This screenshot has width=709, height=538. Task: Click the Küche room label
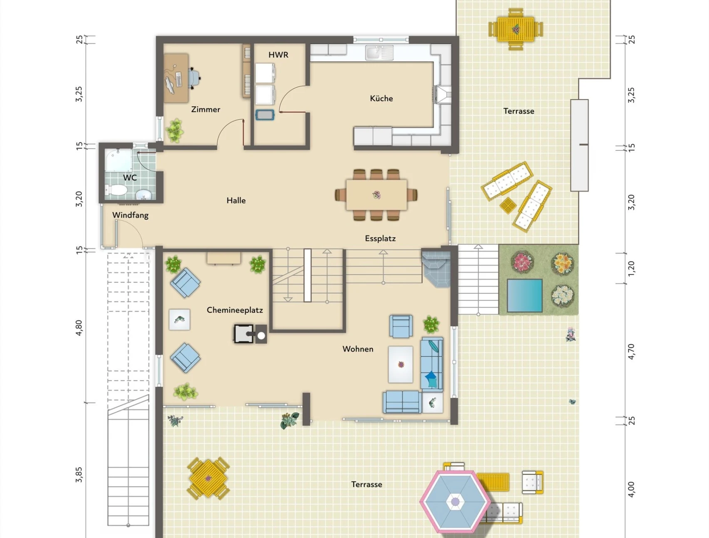[x=381, y=99]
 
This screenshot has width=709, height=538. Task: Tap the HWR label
[x=278, y=55]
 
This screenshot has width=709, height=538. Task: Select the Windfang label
[x=130, y=215]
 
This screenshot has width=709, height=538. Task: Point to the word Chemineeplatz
[x=235, y=310]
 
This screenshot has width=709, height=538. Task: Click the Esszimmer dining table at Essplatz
[x=377, y=195]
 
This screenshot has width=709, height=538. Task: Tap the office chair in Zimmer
[x=194, y=78]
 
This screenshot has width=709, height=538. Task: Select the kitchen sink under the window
[x=379, y=53]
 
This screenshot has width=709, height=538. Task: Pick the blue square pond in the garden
[x=525, y=295]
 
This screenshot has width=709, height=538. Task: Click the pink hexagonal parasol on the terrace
[x=455, y=501]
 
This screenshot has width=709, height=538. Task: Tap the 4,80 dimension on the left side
[x=79, y=328]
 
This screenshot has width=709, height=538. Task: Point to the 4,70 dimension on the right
[x=631, y=352]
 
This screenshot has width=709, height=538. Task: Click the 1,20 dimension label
[x=631, y=269]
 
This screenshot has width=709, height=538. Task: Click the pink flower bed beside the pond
[x=522, y=262]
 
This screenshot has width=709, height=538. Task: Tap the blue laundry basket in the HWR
[x=265, y=114]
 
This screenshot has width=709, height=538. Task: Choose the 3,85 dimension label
[x=79, y=475]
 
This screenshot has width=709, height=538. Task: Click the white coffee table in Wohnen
[x=401, y=364]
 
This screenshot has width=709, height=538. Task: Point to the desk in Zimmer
[x=176, y=78]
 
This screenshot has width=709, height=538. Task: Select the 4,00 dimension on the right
[x=631, y=489]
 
